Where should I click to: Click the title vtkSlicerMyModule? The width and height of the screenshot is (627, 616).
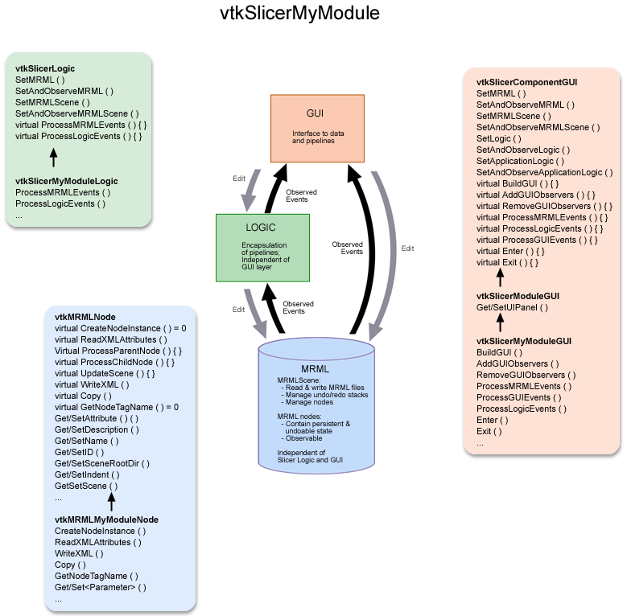(299, 14)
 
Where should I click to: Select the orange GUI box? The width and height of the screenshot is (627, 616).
(318, 126)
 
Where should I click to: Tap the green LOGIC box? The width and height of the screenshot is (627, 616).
(262, 247)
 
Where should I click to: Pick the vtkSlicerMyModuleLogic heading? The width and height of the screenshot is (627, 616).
(66, 182)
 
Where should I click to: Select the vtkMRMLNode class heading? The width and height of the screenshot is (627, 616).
(85, 318)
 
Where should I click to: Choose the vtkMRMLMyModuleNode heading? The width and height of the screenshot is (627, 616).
(106, 519)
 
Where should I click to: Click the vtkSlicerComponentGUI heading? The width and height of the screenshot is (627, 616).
(526, 82)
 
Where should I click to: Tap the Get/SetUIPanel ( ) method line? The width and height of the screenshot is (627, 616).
(513, 307)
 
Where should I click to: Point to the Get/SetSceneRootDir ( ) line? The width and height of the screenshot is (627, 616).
(102, 463)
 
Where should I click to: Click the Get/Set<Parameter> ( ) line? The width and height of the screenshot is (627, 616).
(101, 587)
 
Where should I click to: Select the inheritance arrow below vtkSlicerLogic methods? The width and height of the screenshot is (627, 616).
(53, 156)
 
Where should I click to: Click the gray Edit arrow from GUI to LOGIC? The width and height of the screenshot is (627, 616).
(250, 190)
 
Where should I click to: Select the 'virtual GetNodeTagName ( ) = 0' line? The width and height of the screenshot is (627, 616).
(116, 407)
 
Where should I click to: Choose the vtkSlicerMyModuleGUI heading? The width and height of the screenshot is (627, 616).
(524, 341)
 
